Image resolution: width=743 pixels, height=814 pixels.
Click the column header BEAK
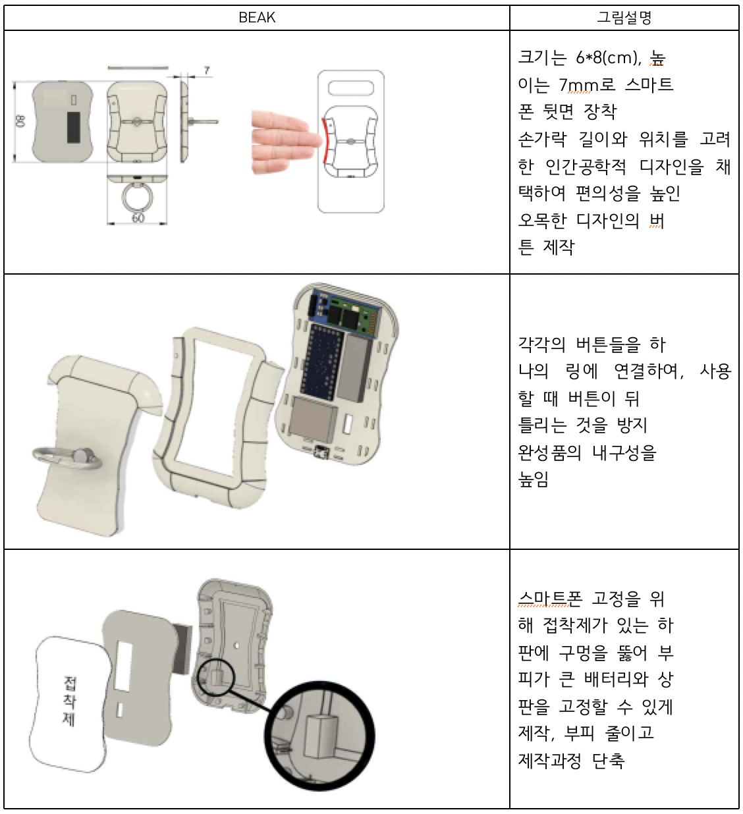coord(256,18)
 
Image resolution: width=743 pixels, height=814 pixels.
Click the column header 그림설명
coord(624,18)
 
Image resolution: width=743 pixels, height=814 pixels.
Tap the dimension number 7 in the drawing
coord(207,70)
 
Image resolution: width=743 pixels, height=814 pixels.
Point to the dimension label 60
coord(137,217)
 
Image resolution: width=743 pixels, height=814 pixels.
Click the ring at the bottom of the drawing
coord(137,197)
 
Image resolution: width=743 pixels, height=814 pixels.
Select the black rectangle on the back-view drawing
coord(73,126)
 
